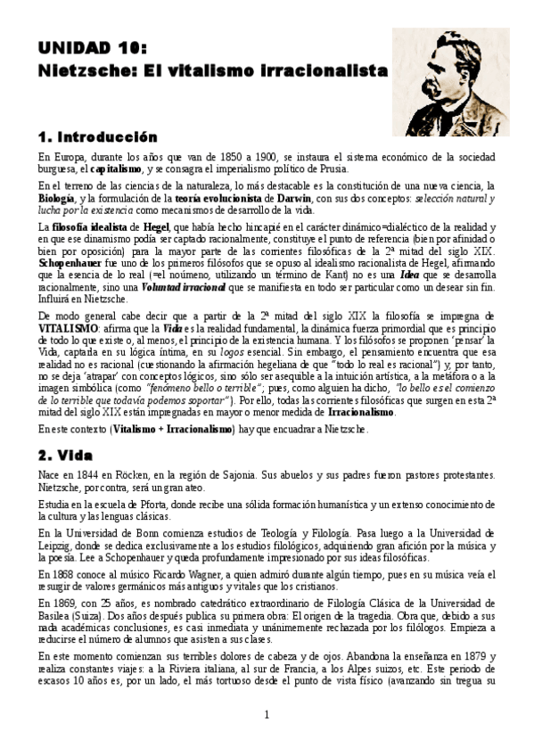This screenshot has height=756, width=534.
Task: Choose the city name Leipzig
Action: pos(59,542)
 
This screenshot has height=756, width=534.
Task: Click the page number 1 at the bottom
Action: pos(267,738)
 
